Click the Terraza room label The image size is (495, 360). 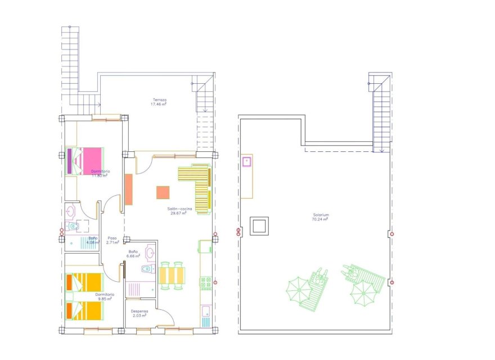point(158,100)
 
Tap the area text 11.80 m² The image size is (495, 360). point(100,175)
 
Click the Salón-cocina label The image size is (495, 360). point(179,209)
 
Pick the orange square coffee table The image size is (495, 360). point(163,192)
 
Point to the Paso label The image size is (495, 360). point(112,238)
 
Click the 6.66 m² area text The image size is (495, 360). point(134,256)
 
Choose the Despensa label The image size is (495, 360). point(139,311)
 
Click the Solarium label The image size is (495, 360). point(321,215)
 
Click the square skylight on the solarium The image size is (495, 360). point(259,226)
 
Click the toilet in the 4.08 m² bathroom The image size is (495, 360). point(74,227)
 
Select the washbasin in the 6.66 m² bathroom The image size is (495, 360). point(150,253)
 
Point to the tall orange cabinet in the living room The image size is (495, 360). point(128,190)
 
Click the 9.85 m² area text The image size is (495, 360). point(104,299)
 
